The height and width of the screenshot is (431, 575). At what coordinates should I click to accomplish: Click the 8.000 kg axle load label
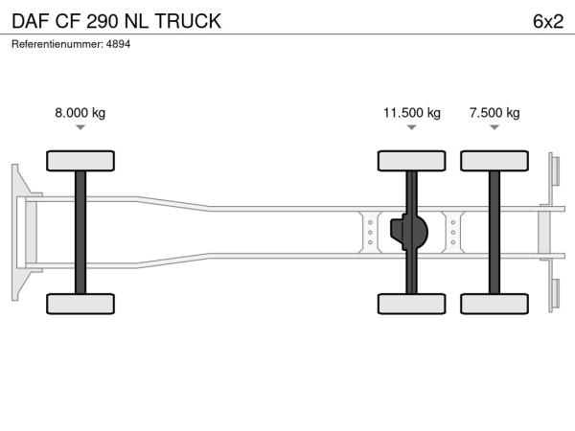coord(80,112)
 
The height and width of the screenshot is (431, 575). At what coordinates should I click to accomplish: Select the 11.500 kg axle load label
coord(412,112)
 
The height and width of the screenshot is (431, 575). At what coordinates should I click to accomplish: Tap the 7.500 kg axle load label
coord(494,112)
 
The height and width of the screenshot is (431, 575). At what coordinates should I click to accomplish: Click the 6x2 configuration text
coord(548,21)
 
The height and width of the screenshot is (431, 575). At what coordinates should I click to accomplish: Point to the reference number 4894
coord(118,44)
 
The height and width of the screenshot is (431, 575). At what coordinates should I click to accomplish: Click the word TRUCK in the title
coord(188,21)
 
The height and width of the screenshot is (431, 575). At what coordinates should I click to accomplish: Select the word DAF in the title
coord(31,21)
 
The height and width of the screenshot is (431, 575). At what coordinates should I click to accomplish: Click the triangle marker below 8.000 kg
coord(80,127)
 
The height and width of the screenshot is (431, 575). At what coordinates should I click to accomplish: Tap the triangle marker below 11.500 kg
coord(412,127)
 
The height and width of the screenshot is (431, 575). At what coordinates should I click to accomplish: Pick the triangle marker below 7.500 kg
coord(494,127)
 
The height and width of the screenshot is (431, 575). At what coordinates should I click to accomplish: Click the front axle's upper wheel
coord(80,161)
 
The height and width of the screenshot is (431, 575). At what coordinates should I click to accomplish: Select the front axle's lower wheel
coord(80,304)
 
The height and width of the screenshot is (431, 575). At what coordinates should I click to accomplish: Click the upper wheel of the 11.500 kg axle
coord(412,161)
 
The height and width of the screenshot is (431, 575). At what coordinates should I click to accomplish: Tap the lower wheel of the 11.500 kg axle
coord(412,304)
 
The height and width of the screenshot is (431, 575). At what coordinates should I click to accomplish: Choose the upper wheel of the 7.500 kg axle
coord(494,161)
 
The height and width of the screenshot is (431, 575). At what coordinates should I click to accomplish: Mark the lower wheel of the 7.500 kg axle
coord(494,304)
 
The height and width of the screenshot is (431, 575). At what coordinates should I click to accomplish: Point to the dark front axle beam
coord(80,233)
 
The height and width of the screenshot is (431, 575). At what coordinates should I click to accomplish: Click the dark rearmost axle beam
coord(494,233)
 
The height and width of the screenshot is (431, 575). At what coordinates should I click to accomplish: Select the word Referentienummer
coord(57,44)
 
